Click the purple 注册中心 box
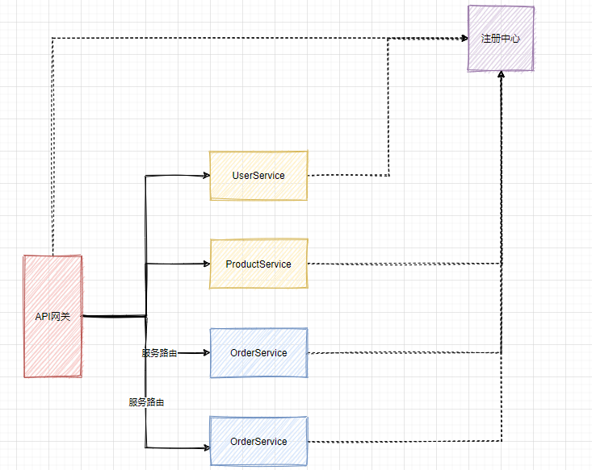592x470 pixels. coord(501,39)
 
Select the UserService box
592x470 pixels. coord(258,176)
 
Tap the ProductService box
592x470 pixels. coord(258,264)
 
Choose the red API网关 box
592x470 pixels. coord(53,316)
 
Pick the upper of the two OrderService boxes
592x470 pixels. coord(258,352)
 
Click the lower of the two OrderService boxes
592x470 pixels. coord(258,441)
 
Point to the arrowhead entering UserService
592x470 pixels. coord(205,175)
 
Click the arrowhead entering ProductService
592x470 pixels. coord(205,264)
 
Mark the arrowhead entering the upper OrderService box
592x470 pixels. coord(205,352)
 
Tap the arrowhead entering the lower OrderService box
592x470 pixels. coord(205,447)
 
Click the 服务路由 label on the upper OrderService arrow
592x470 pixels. coord(159,353)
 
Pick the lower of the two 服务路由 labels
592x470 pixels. coord(146,401)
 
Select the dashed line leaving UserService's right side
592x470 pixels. coord(347,175)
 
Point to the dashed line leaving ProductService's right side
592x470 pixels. coord(404,264)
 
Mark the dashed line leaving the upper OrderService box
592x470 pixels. coord(404,352)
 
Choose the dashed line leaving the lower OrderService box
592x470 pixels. coord(404,441)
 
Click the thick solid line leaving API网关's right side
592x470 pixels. coord(113,316)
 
